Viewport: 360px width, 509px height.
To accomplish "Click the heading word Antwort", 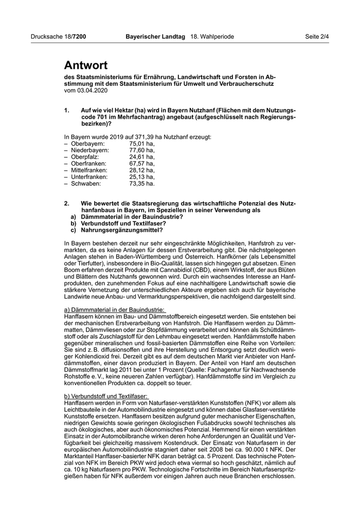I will (x=86, y=65).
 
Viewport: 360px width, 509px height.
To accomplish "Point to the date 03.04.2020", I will (x=93, y=90).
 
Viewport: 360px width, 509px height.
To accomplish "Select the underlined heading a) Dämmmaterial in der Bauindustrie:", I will (x=114, y=310).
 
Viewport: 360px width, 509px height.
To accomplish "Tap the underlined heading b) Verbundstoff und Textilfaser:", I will (x=106, y=396).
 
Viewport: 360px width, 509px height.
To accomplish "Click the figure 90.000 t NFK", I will (x=264, y=449).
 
